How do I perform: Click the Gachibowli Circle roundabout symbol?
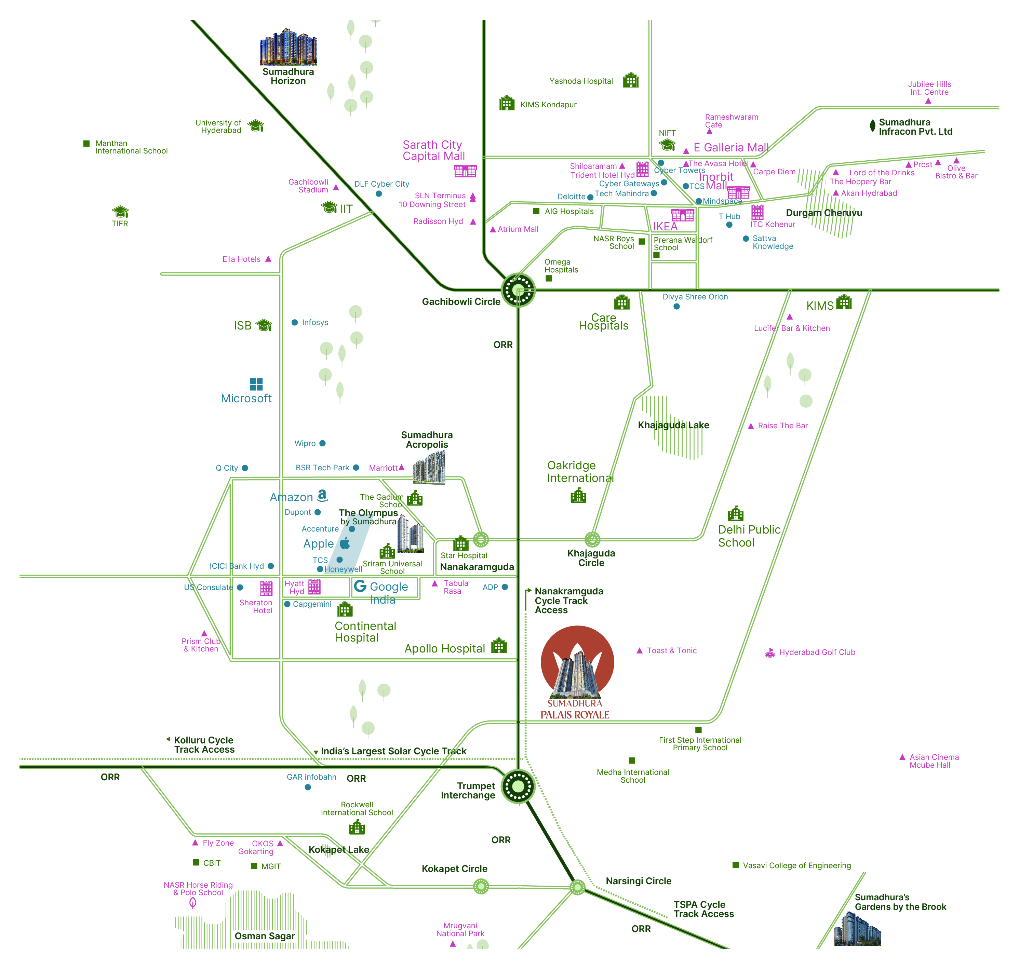518,290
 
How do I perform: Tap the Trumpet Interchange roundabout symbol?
518,786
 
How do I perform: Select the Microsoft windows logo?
256,384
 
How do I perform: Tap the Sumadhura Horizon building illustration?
288,48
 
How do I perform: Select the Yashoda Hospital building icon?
631,81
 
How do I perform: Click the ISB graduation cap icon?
264,325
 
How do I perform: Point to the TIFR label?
120,224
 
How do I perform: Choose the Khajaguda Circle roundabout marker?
592,540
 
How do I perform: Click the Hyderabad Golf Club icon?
769,653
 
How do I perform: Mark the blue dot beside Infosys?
294,322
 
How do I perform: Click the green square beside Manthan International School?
86,144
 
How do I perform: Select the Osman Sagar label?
265,936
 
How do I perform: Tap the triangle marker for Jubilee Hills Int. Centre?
928,101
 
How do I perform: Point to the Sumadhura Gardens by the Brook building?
857,930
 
